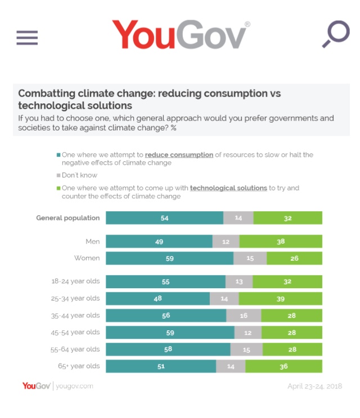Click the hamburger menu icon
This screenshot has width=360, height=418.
(x=27, y=37)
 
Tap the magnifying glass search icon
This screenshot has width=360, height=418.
(x=336, y=34)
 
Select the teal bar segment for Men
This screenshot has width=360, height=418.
(x=159, y=242)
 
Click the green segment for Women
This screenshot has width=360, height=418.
(x=294, y=258)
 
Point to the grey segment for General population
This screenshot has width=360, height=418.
(x=238, y=218)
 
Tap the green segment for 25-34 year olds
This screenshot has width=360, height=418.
(x=280, y=298)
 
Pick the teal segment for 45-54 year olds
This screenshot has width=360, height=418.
(x=170, y=333)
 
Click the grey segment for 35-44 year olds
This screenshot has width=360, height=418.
(x=244, y=316)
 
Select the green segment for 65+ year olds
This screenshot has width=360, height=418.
(x=283, y=366)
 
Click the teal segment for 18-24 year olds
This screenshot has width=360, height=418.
(x=165, y=281)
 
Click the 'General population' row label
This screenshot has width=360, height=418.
(x=68, y=218)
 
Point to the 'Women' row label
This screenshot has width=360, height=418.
(x=87, y=258)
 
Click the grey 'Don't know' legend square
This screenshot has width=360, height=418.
(x=58, y=175)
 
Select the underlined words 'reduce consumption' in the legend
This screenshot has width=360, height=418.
(x=179, y=155)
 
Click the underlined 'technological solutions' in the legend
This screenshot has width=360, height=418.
(x=228, y=188)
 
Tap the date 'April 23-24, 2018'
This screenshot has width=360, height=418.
(x=314, y=386)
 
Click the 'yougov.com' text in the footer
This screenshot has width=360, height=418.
(x=74, y=386)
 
